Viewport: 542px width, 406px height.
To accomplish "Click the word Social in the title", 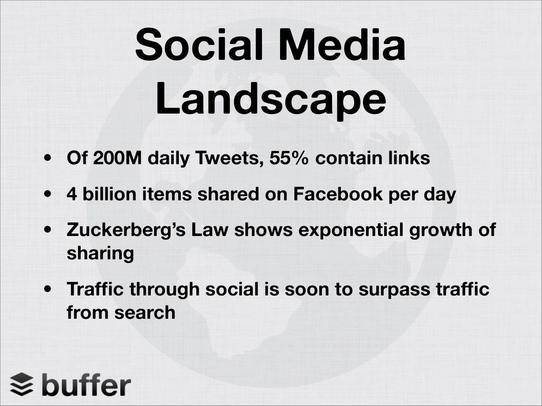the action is [199, 44].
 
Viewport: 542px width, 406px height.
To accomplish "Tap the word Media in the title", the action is [342, 44].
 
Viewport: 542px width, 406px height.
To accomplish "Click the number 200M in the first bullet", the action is [117, 158].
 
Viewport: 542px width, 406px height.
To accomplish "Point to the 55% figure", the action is [289, 158].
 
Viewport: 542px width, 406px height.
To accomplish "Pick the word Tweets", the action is [230, 158].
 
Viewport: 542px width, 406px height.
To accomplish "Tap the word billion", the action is [109, 194].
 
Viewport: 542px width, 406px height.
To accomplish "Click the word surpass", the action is [394, 290].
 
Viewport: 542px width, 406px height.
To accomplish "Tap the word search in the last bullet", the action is [145, 312].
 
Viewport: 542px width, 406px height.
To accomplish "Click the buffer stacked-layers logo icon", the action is [22, 384].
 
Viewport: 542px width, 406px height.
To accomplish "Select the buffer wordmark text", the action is [86, 384].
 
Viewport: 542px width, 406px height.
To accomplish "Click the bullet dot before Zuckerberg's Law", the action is [48, 230].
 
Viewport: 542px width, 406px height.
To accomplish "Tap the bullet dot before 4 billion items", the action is [48, 194].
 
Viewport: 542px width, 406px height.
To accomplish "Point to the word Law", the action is [209, 230].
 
